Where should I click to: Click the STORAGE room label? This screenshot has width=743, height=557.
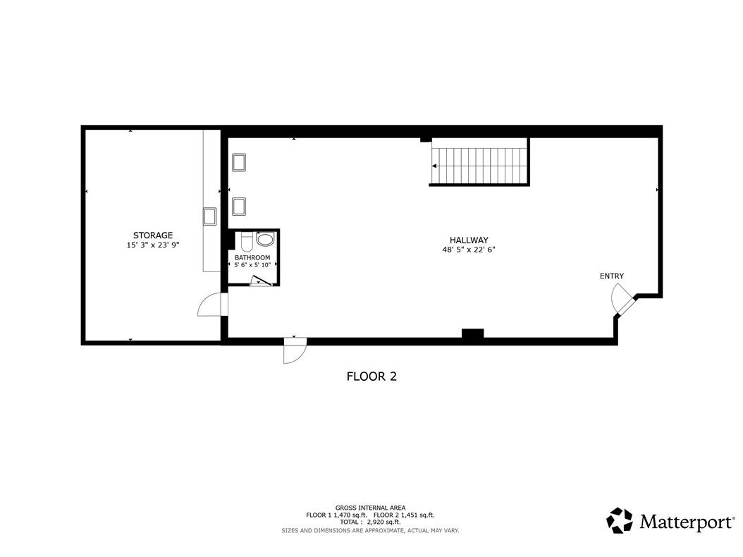(152, 235)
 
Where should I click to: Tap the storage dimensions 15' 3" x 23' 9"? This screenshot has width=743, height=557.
(152, 245)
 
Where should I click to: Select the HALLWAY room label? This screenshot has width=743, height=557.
(469, 240)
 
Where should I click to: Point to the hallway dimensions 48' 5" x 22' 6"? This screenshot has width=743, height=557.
(469, 250)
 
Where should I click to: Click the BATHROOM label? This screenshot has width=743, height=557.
(252, 257)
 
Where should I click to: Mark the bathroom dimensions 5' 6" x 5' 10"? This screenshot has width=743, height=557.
(252, 265)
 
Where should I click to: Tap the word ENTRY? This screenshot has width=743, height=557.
(612, 276)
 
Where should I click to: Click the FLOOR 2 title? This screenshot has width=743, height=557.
(371, 377)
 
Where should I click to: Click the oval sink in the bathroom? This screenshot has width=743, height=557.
(265, 239)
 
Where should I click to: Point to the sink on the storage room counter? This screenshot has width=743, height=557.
(209, 216)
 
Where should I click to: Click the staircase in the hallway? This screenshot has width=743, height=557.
(479, 161)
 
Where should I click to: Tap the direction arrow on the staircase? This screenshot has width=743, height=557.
(434, 166)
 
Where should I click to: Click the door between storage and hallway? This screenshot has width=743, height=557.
(212, 305)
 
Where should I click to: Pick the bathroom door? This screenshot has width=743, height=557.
(261, 281)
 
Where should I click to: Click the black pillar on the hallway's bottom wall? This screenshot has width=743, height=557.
(472, 333)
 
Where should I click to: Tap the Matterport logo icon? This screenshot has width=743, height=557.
(620, 520)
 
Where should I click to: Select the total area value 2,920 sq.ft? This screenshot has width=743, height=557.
(383, 522)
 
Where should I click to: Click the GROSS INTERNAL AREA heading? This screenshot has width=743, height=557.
(370, 508)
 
